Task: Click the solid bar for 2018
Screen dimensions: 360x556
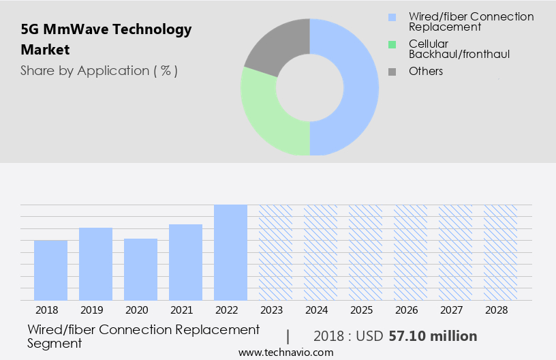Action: coord(50,270)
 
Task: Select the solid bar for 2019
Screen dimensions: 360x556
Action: coord(95,264)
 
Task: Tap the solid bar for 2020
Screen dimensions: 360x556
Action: coord(140,269)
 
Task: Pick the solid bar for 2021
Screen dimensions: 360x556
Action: coord(185,262)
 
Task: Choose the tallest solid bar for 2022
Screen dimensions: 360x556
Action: coord(230,252)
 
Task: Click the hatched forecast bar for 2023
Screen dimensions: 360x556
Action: coord(275,252)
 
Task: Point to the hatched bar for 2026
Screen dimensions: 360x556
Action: coord(410,252)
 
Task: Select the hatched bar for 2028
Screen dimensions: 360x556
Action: coord(500,252)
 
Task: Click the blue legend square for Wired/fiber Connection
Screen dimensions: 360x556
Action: coord(391,17)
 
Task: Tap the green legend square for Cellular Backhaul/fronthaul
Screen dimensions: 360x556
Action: coord(391,44)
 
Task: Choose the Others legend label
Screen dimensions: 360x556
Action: coord(426,71)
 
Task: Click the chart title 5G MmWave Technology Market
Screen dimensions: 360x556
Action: coord(106,39)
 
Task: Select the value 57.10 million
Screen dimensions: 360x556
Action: coord(433,336)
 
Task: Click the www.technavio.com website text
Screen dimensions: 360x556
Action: coord(286,352)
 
